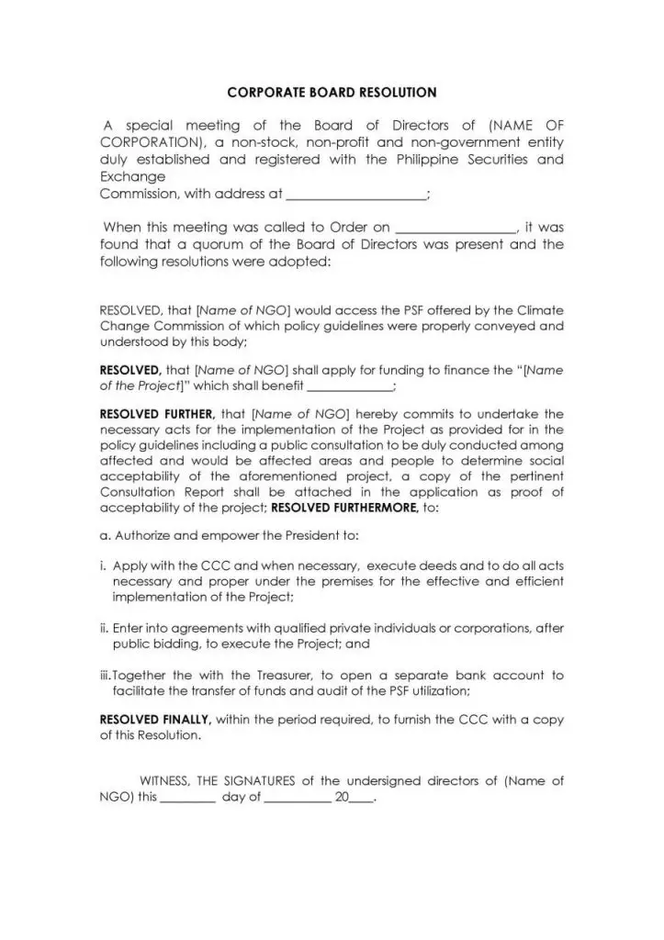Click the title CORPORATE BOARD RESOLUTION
332,93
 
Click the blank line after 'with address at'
356,195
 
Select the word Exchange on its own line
132,176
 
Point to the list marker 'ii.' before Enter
105,629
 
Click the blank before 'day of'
187,799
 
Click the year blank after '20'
361,799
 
